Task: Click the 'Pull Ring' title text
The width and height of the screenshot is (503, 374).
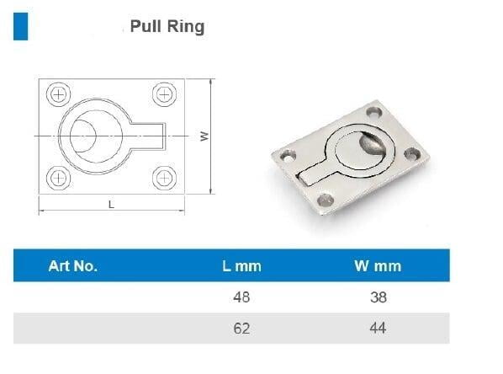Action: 167,26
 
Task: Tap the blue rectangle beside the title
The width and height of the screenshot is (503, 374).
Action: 20,26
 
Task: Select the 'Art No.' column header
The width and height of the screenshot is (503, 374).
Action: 73,266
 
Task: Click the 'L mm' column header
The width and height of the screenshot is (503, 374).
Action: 242,266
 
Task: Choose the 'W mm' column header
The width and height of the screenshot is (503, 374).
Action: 378,266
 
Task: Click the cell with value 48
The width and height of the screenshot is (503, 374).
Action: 241,297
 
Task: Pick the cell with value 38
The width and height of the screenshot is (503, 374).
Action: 379,297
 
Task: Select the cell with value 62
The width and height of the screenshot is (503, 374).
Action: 241,329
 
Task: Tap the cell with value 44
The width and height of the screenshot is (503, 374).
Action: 378,329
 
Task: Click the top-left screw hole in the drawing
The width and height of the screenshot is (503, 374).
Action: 58,94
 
